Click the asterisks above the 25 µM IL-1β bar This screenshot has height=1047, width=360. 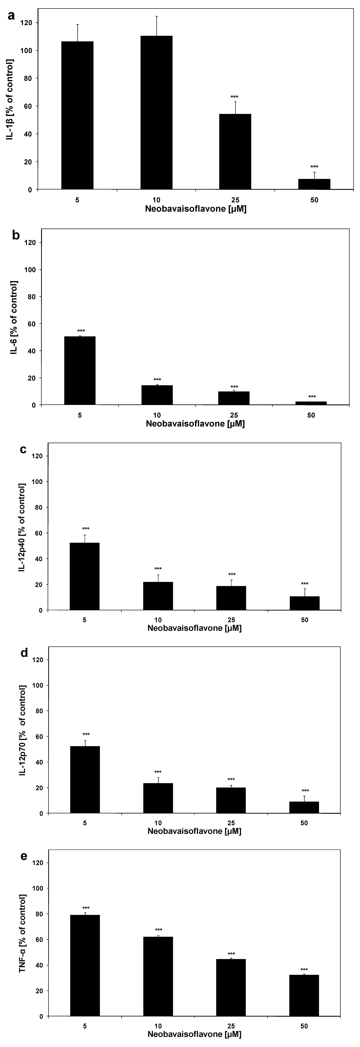235,97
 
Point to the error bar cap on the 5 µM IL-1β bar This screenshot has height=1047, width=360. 77,25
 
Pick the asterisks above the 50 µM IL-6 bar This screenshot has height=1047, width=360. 312,397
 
